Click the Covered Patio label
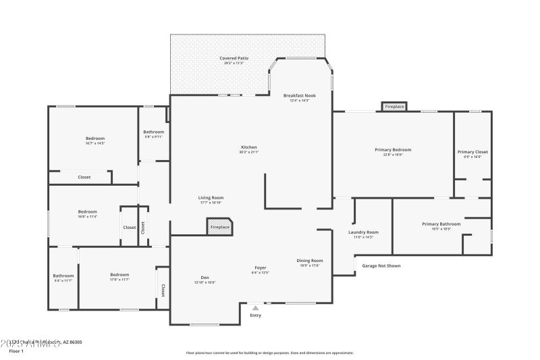click(234, 59)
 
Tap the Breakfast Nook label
click(299, 96)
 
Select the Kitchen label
click(249, 147)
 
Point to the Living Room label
click(211, 198)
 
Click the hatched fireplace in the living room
click(220, 226)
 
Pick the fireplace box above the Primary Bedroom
click(394, 107)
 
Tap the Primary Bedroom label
click(393, 150)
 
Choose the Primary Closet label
click(473, 152)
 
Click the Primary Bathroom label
click(441, 224)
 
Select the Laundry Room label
click(363, 232)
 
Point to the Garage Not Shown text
click(381, 265)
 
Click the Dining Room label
click(310, 261)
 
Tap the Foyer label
click(261, 268)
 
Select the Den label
click(205, 278)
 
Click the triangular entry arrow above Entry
click(255, 308)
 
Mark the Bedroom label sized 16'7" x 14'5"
click(95, 138)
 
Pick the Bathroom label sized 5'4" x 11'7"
click(63, 276)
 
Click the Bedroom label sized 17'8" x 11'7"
click(119, 275)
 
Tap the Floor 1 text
click(16, 351)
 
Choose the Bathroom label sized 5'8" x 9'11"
click(153, 132)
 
